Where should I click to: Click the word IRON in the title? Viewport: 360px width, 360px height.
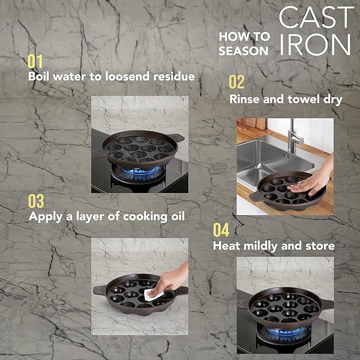[315, 46]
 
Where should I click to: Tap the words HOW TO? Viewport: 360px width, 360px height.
[244, 36]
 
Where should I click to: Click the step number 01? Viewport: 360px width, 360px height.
[35, 62]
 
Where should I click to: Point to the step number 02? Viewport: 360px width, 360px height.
[236, 82]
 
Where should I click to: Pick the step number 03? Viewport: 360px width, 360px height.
[36, 201]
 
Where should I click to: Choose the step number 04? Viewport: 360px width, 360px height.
[221, 230]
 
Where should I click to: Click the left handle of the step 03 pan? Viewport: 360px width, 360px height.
[99, 290]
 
